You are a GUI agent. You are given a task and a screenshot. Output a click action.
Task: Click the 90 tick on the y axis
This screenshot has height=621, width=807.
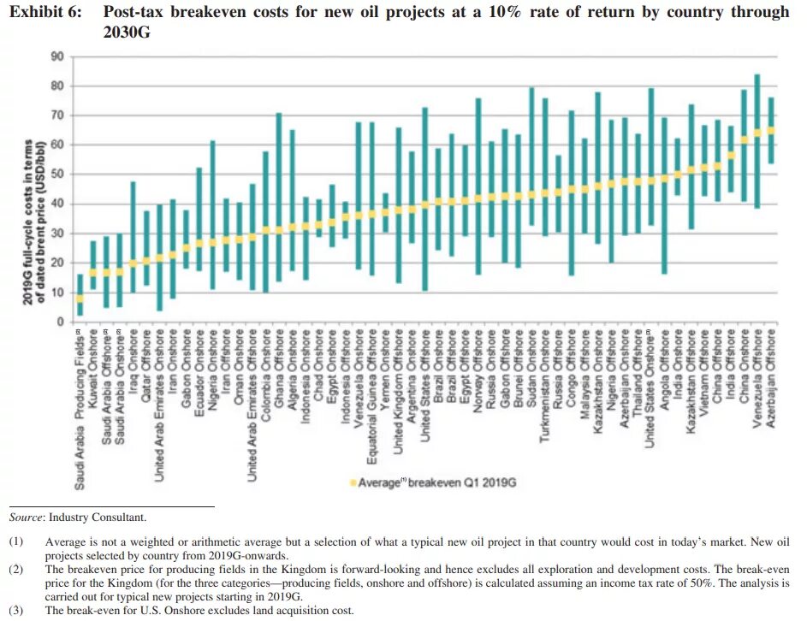(58, 56)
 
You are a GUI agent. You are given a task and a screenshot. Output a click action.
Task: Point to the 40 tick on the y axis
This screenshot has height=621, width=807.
(58, 204)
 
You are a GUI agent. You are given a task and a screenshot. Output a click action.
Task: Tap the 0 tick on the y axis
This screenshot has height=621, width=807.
(61, 322)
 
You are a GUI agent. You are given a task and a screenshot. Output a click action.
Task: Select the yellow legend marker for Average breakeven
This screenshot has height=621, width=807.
(352, 483)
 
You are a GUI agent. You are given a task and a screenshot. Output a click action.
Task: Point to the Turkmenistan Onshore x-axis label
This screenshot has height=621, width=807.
(544, 383)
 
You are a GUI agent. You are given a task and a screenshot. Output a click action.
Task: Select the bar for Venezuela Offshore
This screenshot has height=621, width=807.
(757, 141)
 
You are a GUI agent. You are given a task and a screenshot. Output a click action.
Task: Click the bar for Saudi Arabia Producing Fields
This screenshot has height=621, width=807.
(80, 295)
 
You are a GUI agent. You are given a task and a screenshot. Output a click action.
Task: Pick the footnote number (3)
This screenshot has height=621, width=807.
(17, 611)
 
